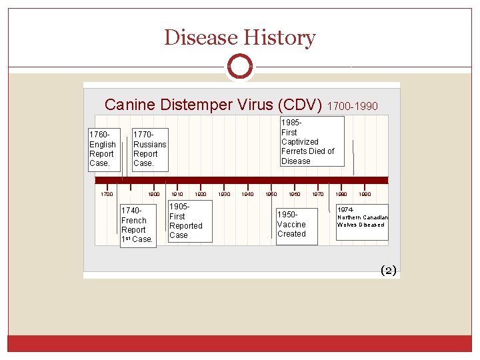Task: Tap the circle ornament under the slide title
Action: pyautogui.click(x=239, y=66)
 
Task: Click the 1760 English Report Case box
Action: pyautogui.click(x=104, y=149)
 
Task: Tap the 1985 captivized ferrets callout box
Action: pyautogui.click(x=311, y=141)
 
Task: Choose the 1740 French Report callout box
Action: pyautogui.click(x=137, y=225)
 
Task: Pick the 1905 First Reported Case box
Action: pyautogui.click(x=189, y=221)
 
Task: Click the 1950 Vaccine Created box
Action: pyautogui.click(x=293, y=225)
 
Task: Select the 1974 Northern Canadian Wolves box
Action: pyautogui.click(x=362, y=221)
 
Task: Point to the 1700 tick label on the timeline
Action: pyautogui.click(x=107, y=194)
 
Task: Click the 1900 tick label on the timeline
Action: pyautogui.click(x=154, y=194)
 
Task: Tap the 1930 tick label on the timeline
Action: pyautogui.click(x=224, y=194)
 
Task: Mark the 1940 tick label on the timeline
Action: pyautogui.click(x=247, y=194)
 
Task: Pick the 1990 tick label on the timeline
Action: pyautogui.click(x=365, y=194)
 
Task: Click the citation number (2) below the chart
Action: pyautogui.click(x=388, y=270)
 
